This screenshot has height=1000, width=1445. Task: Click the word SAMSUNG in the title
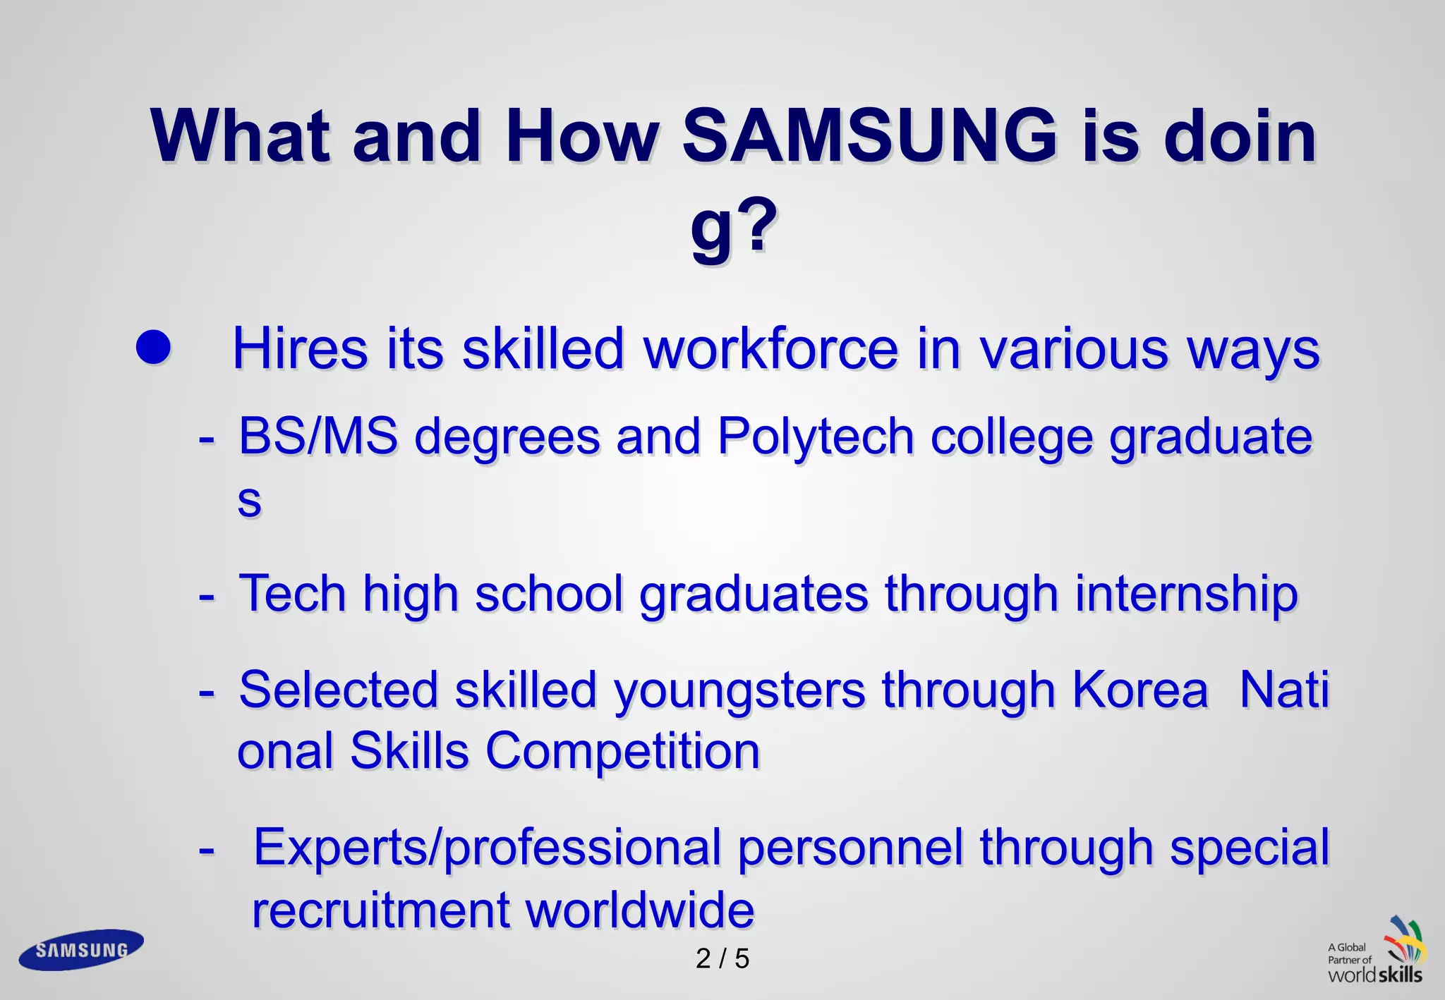869,135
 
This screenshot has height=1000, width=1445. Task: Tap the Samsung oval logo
81,950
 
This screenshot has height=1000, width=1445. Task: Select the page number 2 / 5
722,959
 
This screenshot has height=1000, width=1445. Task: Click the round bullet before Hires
153,348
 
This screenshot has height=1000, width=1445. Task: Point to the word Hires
301,349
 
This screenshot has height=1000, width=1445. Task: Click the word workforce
771,349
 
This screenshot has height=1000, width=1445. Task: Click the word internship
1186,594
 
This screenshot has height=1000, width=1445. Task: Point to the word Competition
622,752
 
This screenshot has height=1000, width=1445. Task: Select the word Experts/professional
487,848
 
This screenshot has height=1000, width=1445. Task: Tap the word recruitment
381,910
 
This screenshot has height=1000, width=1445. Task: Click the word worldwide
640,910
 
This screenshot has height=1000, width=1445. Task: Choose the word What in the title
240,135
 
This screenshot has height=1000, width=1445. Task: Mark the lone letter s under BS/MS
249,501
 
